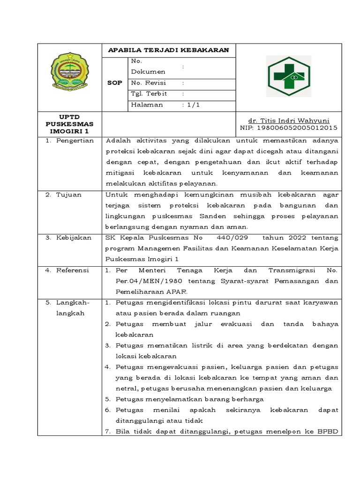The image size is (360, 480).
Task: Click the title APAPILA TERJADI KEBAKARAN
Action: [168, 50]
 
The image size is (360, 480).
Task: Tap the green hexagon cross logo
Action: [288, 76]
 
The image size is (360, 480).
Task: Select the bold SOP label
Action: [115, 82]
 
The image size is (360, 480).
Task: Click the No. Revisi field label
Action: [149, 82]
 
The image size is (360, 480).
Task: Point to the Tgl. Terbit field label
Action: [149, 94]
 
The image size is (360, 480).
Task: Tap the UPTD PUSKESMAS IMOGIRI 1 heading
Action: [70, 124]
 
